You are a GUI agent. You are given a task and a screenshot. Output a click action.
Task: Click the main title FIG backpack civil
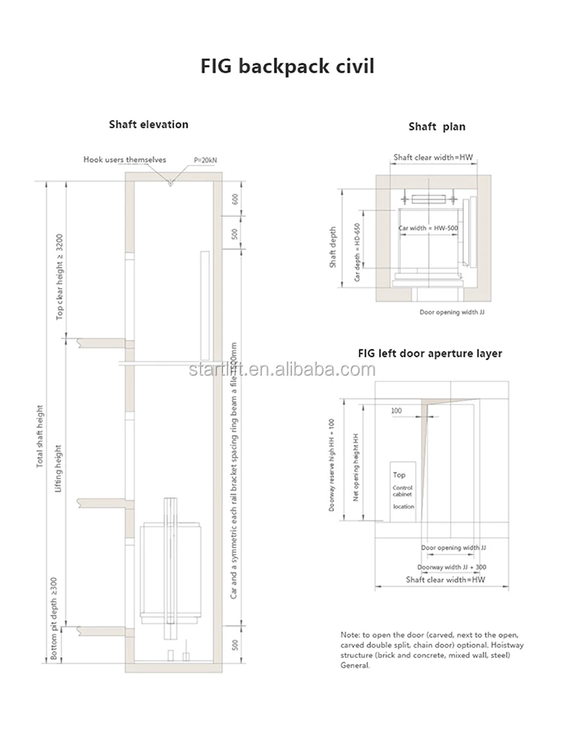[x=287, y=67]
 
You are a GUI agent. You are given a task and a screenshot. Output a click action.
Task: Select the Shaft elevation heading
[x=148, y=124]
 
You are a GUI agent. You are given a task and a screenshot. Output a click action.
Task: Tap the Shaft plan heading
[x=437, y=127]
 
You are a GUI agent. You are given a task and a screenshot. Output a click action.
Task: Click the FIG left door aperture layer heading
[x=430, y=353]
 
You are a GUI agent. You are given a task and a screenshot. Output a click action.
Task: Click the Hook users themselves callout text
[x=125, y=160]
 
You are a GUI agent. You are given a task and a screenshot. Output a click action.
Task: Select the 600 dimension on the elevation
[x=234, y=200]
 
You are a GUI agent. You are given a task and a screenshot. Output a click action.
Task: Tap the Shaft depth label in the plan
[x=333, y=248]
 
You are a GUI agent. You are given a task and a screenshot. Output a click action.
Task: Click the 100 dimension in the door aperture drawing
[x=396, y=411]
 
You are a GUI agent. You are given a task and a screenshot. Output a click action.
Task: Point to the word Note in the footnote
[x=349, y=634]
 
